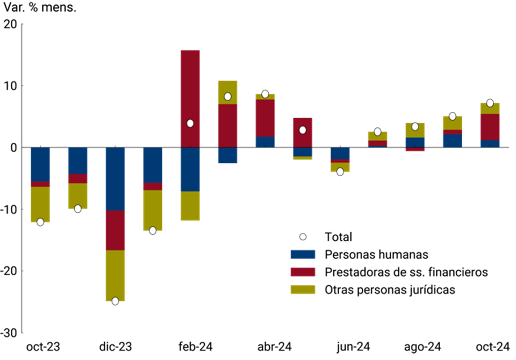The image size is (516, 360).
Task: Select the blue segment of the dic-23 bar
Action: tap(115, 178)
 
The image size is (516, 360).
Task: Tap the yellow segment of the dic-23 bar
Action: tap(115, 275)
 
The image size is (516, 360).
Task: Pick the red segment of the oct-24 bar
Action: tap(490, 127)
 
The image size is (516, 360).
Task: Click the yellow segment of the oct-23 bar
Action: tap(40, 204)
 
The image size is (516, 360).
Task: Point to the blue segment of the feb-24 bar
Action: tap(190, 169)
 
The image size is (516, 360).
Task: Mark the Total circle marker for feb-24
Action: tap(190, 123)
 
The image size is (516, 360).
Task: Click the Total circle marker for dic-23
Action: tap(115, 301)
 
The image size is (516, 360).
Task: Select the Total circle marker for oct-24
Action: tap(490, 103)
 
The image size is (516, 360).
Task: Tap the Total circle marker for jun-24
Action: tap(340, 172)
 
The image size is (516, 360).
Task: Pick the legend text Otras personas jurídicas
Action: tap(390, 290)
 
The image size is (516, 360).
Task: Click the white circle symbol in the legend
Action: tap(303, 236)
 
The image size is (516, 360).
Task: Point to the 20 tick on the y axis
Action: tap(10, 24)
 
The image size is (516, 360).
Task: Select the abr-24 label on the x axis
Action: tap(264, 347)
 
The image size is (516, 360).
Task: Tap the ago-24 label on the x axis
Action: tap(415, 347)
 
